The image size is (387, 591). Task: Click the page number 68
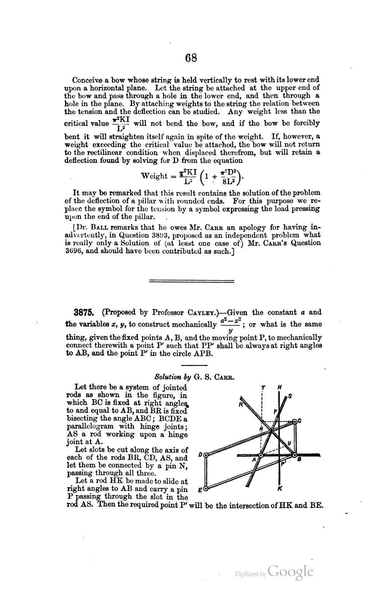(x=191, y=58)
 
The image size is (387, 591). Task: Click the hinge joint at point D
(x=206, y=455)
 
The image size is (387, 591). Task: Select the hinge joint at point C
(x=295, y=421)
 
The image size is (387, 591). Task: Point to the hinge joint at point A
(x=261, y=455)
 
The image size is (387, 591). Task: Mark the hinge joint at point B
(x=294, y=455)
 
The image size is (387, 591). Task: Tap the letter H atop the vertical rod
(x=279, y=388)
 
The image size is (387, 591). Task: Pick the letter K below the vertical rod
(x=280, y=489)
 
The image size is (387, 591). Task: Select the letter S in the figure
(x=290, y=396)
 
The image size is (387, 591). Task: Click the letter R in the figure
(x=240, y=404)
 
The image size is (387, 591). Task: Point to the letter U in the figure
(x=290, y=443)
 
